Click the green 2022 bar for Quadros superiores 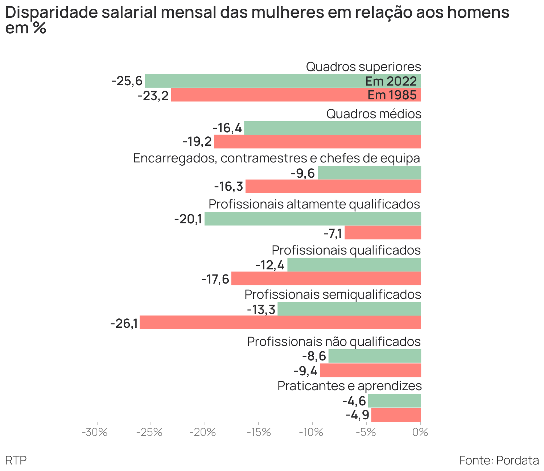[254, 81]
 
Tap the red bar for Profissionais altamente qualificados [383, 232]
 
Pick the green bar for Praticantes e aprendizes [395, 401]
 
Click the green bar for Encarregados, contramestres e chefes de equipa [369, 173]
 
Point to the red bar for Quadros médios [317, 142]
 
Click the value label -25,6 [127, 81]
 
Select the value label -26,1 [124, 323]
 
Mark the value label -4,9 [357, 415]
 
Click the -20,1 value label [188, 219]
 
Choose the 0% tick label [420, 432]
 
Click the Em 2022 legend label [391, 81]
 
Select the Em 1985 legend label [392, 95]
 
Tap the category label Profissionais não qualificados [334, 342]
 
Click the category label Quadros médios [374, 114]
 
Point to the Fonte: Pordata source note [499, 460]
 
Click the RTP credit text [16, 460]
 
